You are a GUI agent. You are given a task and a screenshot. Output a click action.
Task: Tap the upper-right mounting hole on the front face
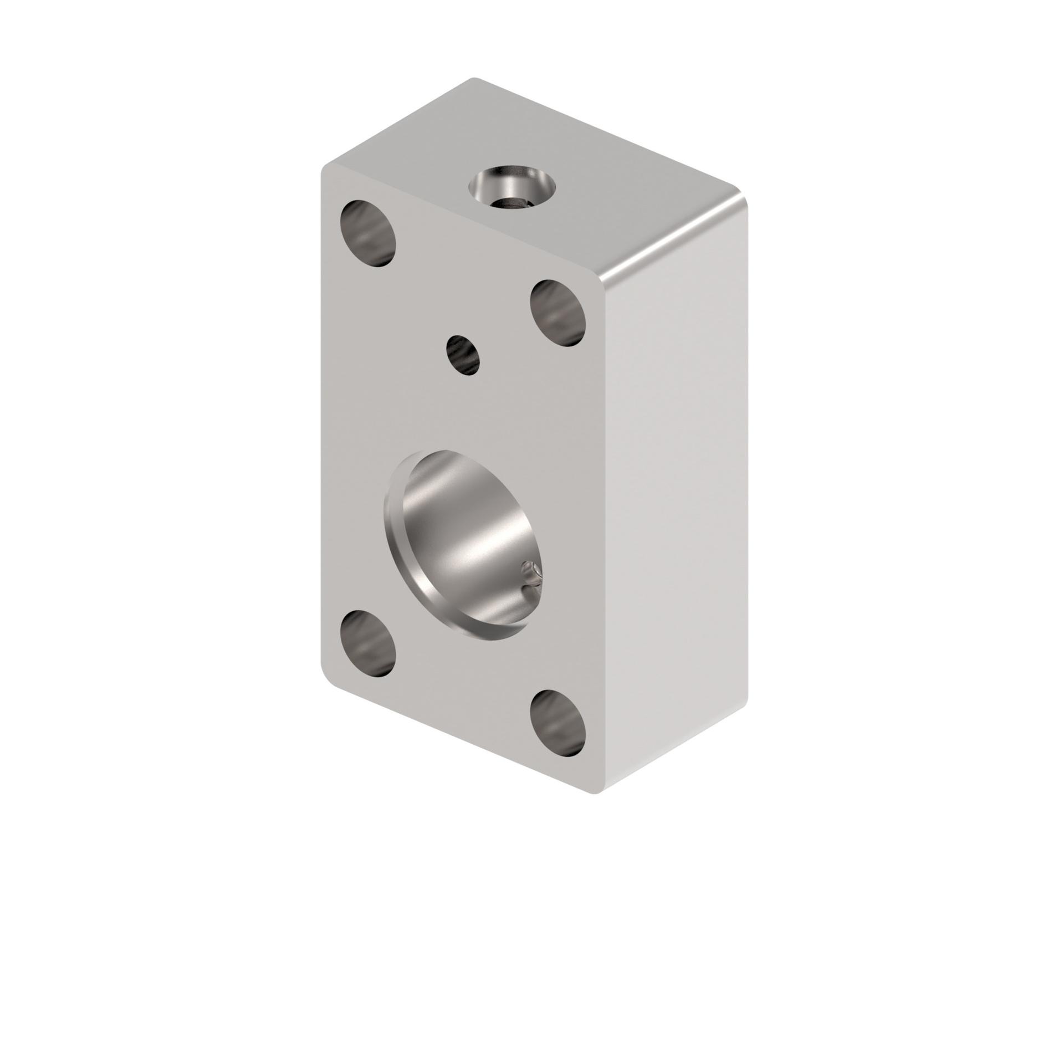[557, 313]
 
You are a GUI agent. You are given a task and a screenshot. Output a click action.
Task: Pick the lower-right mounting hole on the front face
[557, 724]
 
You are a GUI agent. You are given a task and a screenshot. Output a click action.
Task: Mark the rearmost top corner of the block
[474, 79]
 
